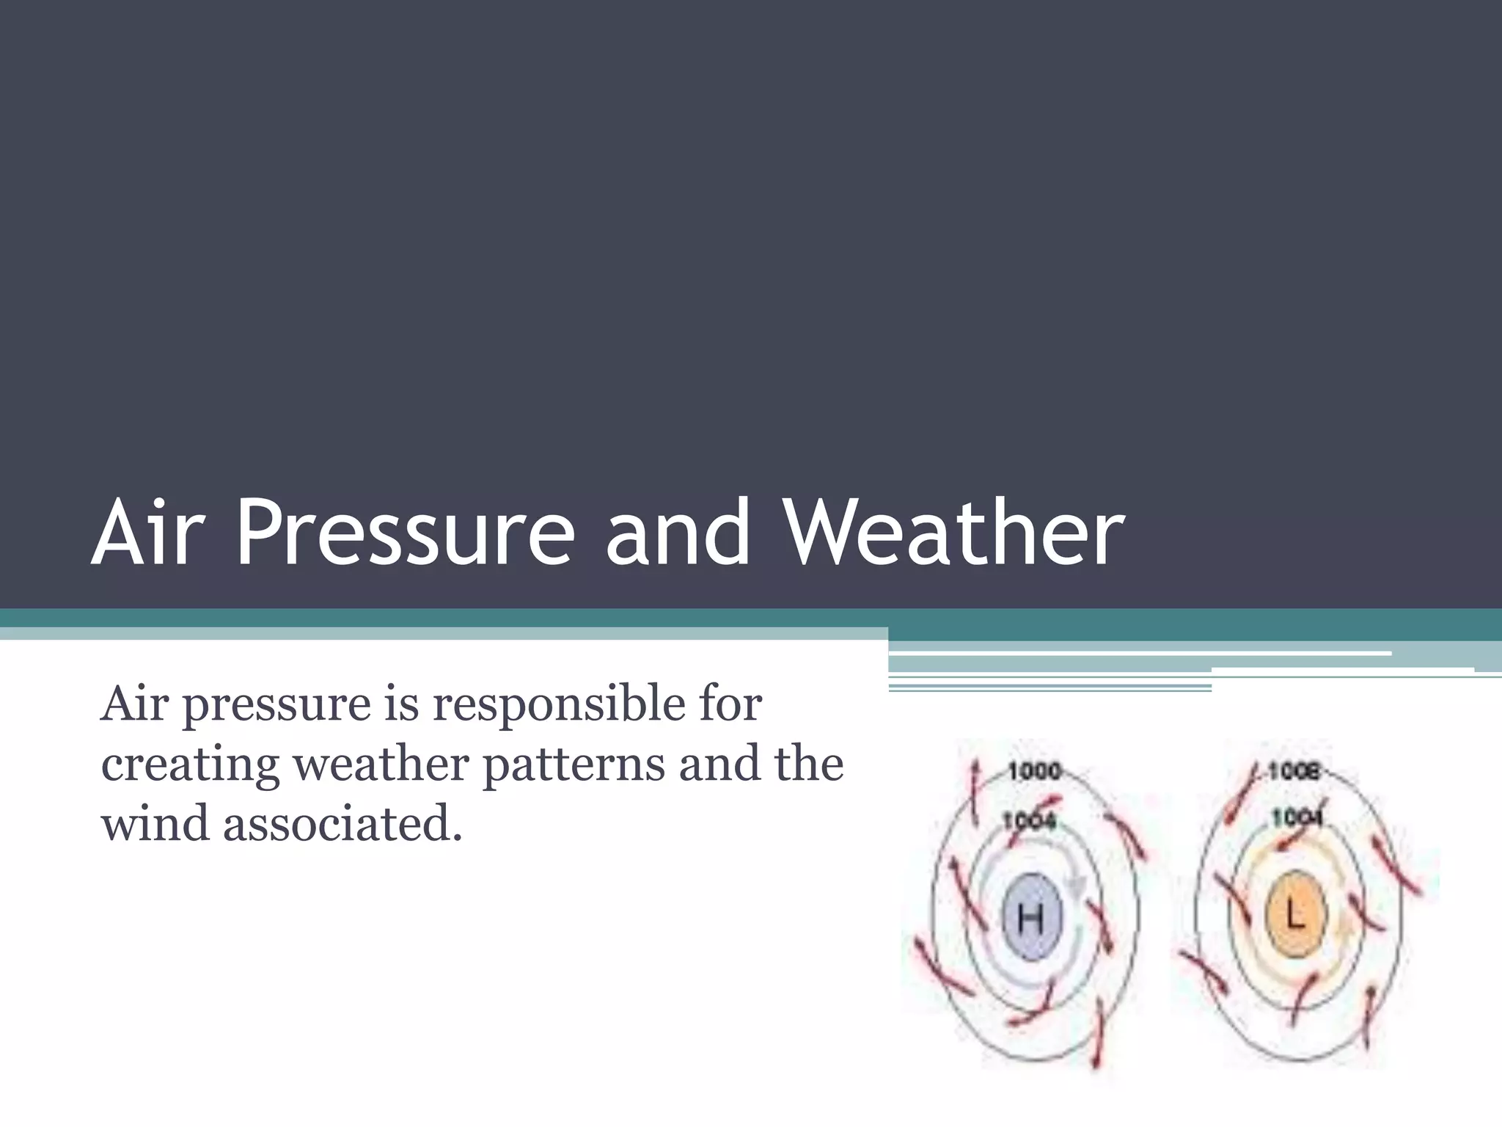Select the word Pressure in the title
pyautogui.click(x=404, y=533)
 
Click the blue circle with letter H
pyautogui.click(x=1030, y=918)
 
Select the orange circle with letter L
pyautogui.click(x=1295, y=916)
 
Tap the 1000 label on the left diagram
pyautogui.click(x=1034, y=771)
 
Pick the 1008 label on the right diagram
pyautogui.click(x=1294, y=771)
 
